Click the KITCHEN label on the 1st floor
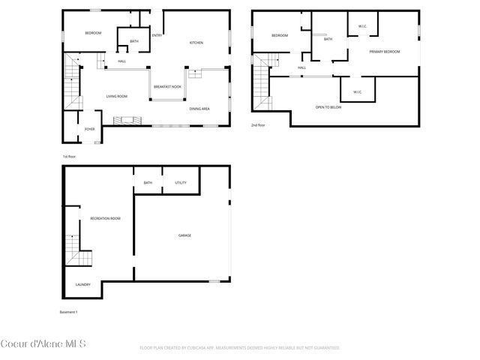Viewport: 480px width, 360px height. coord(196,43)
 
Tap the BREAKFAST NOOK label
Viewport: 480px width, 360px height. coord(167,86)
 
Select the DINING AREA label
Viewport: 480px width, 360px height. coord(199,109)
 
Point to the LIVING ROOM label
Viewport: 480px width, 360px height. coord(116,96)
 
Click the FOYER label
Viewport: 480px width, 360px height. coord(89,129)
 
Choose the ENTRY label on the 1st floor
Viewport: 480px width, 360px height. coord(157,35)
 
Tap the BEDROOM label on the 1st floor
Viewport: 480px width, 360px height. coord(93,33)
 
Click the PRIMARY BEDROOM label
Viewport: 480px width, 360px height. coord(384,52)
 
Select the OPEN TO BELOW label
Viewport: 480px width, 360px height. coord(328,107)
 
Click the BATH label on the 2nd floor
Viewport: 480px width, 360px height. coord(328,39)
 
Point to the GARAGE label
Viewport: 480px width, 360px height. coord(184,235)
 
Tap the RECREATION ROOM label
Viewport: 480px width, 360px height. coord(105,218)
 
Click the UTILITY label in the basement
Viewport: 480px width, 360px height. coord(181,182)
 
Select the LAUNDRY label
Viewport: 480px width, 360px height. coord(83,284)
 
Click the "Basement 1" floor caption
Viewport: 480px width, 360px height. coord(68,311)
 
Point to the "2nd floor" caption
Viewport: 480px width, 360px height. coord(258,125)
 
